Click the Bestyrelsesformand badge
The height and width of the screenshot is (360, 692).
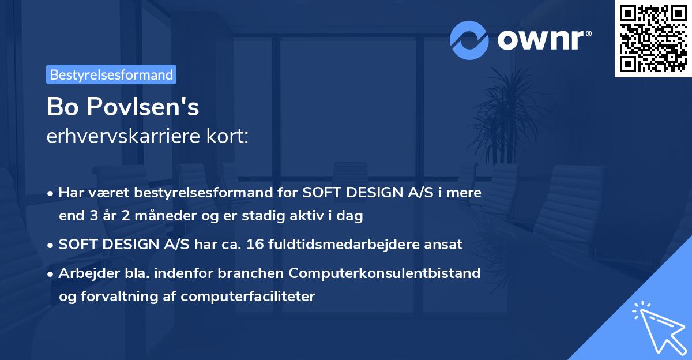click(x=111, y=74)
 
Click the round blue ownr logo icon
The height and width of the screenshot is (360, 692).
click(x=469, y=40)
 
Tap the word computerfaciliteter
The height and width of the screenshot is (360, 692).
click(x=247, y=297)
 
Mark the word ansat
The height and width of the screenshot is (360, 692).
click(x=445, y=245)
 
